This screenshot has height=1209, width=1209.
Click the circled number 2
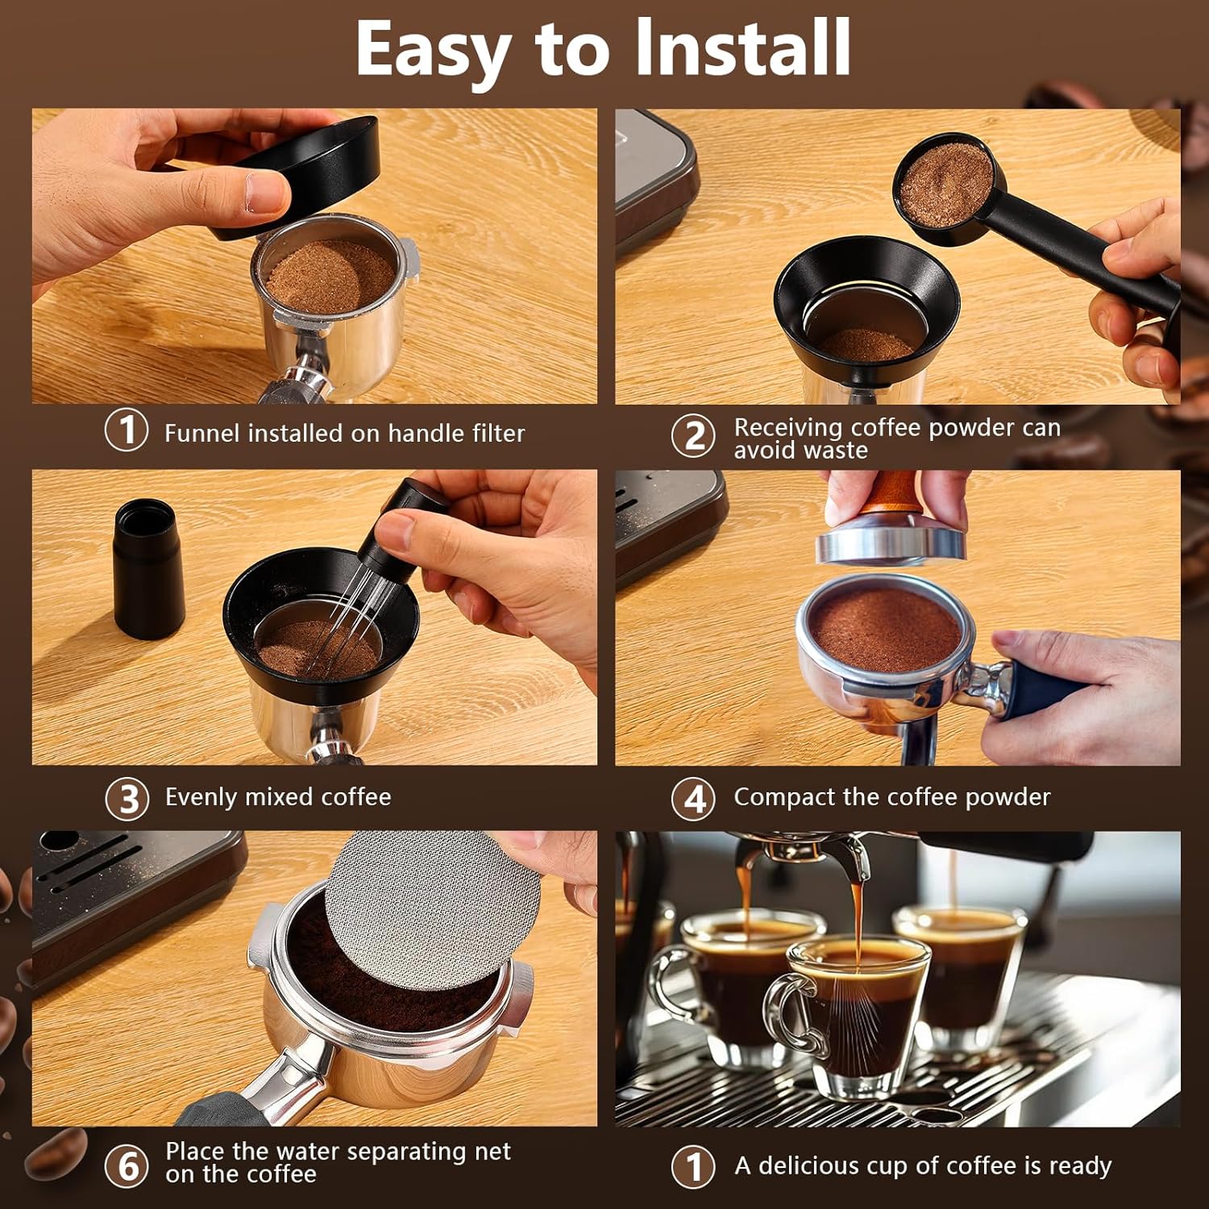693,436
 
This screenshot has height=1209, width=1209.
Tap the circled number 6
127,1165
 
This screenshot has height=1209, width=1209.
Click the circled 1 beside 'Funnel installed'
127,430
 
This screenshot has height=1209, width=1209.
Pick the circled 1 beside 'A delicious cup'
693,1165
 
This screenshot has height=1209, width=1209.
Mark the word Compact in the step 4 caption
784,797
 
